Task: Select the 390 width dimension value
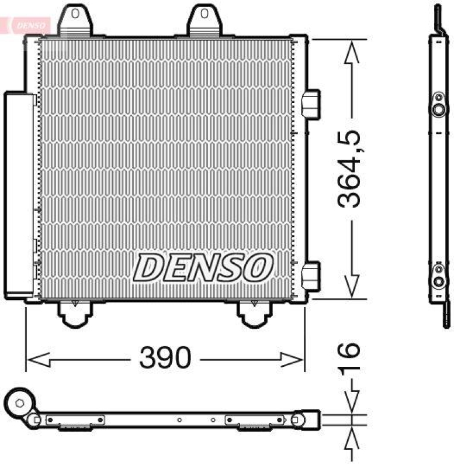[165, 357]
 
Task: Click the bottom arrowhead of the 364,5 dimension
[351, 286]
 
